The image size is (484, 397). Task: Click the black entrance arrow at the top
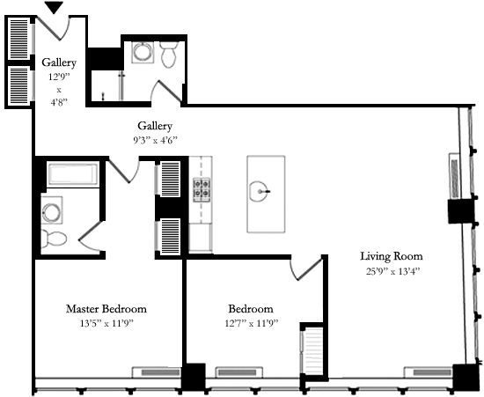pyautogui.click(x=54, y=8)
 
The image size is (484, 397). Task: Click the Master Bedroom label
pyautogui.click(x=106, y=309)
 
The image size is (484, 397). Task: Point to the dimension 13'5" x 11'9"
pyautogui.click(x=106, y=323)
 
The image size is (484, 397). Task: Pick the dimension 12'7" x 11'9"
pyautogui.click(x=250, y=323)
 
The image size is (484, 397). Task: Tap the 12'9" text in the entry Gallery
pyautogui.click(x=59, y=76)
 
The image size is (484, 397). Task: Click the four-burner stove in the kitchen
pyautogui.click(x=201, y=188)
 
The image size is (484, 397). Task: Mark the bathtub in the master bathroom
pyautogui.click(x=71, y=174)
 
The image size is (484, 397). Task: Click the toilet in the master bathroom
pyautogui.click(x=55, y=238)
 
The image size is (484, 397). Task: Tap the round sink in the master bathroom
pyautogui.click(x=53, y=212)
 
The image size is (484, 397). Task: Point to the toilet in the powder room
pyautogui.click(x=169, y=55)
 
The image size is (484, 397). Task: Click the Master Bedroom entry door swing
pyautogui.click(x=123, y=170)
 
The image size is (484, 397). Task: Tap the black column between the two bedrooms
pyautogui.click(x=193, y=376)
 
